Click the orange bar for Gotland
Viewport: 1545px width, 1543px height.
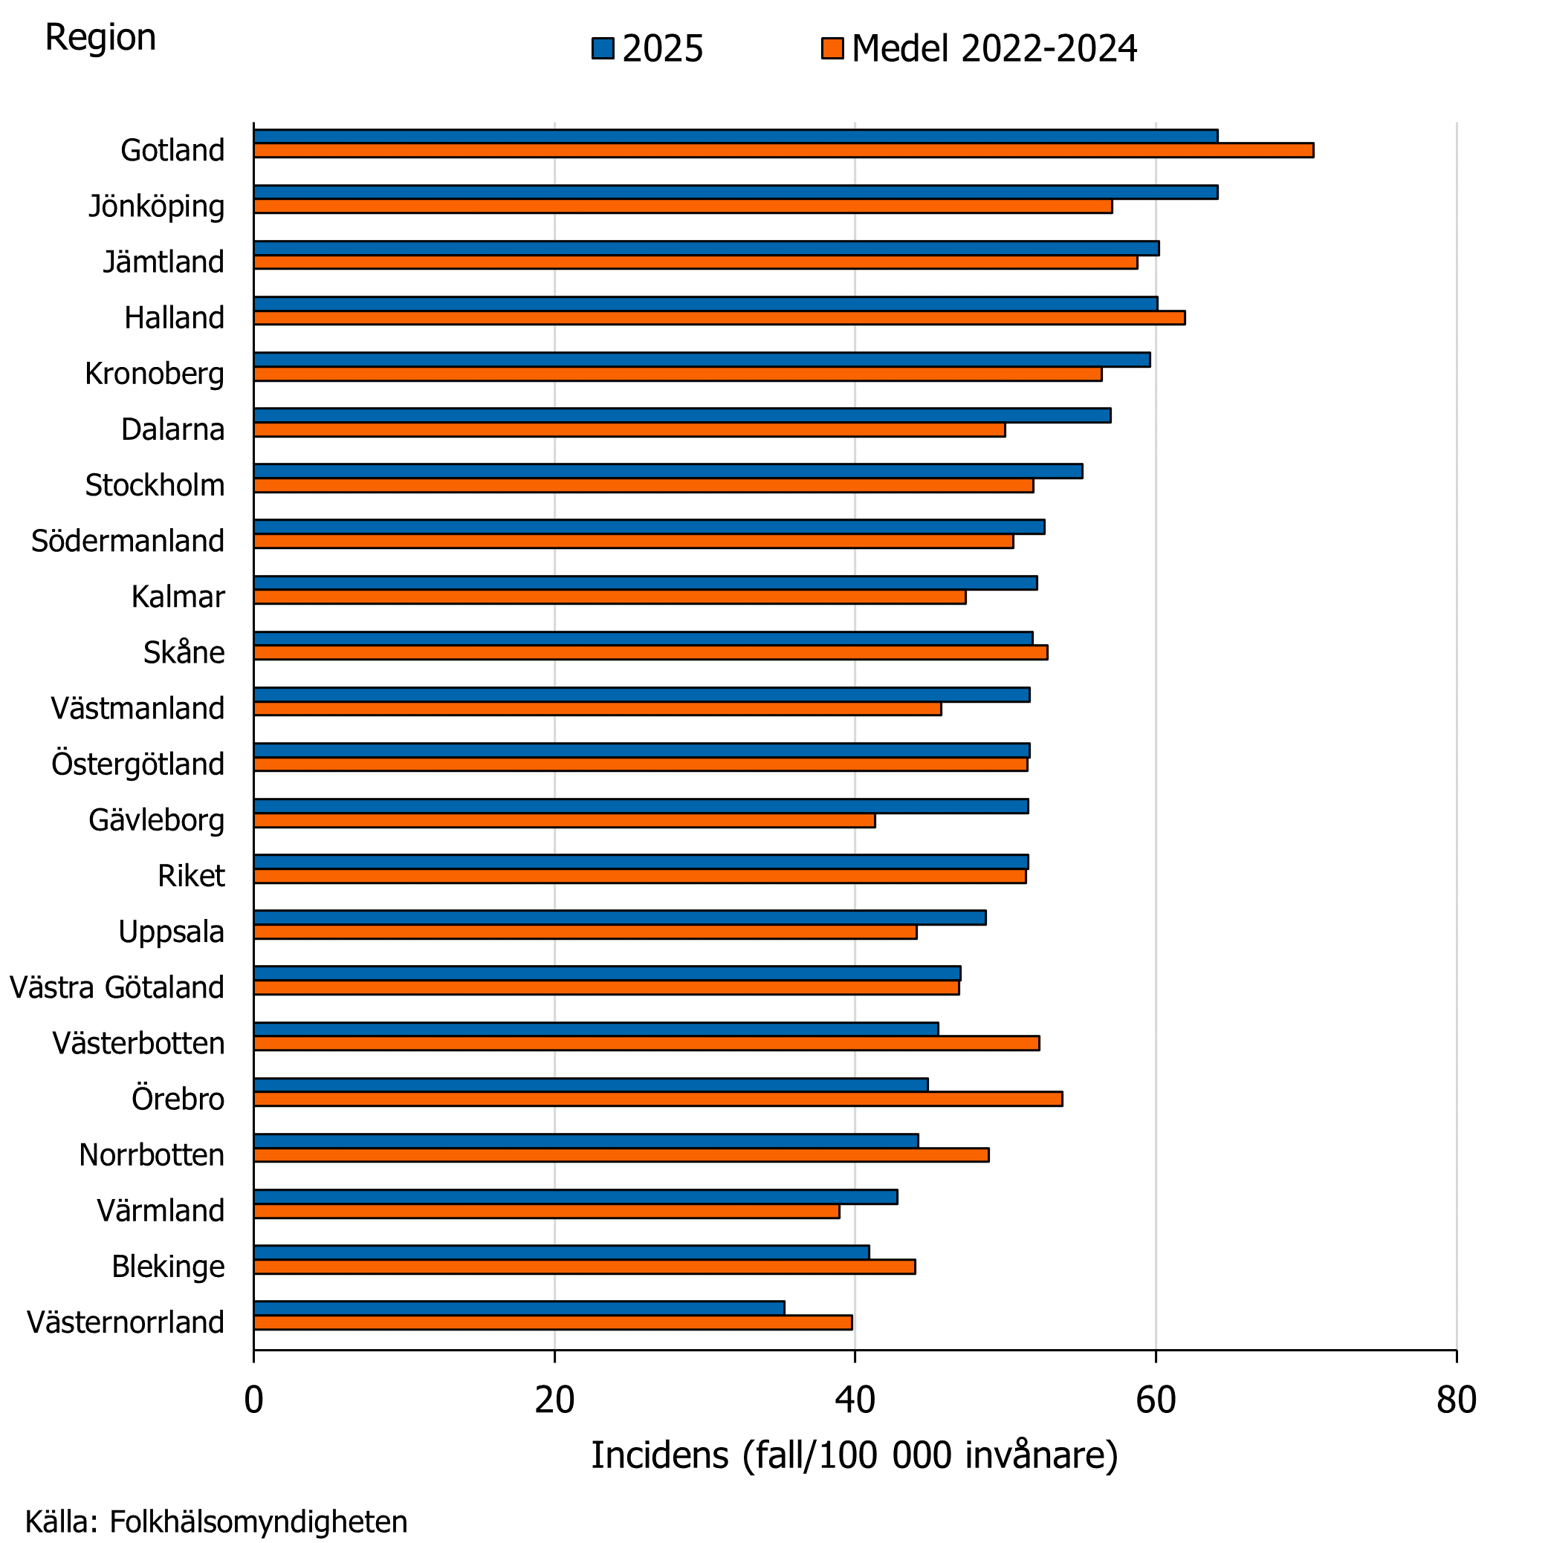point(784,150)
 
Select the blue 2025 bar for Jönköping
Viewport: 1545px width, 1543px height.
point(736,192)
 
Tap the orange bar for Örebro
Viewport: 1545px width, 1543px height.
point(658,1099)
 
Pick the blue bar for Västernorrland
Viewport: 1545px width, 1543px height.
point(519,1308)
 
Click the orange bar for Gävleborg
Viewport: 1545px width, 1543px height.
point(565,820)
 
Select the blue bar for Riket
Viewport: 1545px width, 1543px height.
point(641,862)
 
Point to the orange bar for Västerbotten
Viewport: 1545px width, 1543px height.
point(647,1043)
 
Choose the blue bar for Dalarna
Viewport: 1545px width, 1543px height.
point(682,415)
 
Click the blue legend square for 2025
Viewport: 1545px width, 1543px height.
point(603,49)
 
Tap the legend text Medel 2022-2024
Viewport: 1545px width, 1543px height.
point(994,49)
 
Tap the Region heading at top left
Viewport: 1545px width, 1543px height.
point(101,38)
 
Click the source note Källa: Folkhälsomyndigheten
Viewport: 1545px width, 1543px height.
point(217,1521)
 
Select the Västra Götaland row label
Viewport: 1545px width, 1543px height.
point(117,987)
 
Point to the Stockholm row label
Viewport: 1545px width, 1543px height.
point(155,485)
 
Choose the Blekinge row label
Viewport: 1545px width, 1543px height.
point(168,1267)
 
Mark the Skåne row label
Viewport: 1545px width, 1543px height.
point(184,653)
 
